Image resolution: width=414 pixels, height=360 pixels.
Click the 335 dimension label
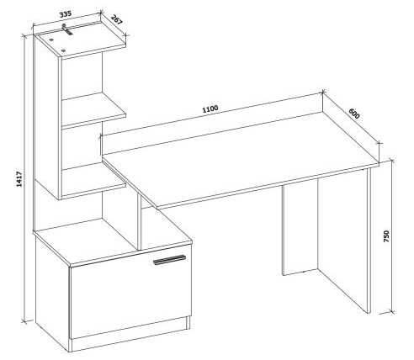(x=66, y=13)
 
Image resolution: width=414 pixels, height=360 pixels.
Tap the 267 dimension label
(x=117, y=19)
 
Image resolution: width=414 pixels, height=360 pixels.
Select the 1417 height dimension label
(x=19, y=179)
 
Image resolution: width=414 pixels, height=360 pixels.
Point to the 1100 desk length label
(x=210, y=109)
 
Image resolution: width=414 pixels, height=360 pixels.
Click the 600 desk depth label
(x=354, y=114)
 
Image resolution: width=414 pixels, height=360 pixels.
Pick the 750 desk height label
(x=386, y=236)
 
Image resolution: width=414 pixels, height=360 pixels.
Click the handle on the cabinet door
(x=169, y=260)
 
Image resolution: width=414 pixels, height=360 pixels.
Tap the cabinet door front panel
(x=130, y=292)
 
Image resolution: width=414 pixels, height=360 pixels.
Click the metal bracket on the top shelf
(x=66, y=29)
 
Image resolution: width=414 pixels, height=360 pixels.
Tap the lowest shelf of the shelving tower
(x=93, y=181)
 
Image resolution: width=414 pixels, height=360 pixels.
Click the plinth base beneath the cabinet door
(x=130, y=334)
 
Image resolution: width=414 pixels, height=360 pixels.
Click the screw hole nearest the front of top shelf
(x=63, y=50)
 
